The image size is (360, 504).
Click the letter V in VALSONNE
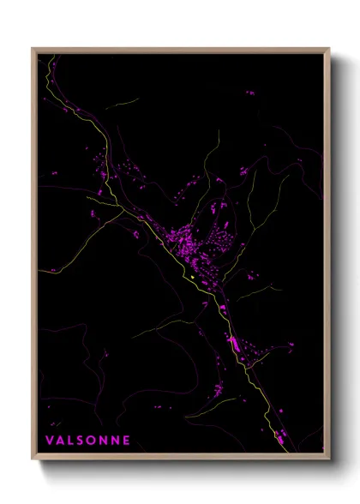50,441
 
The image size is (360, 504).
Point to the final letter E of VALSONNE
127,441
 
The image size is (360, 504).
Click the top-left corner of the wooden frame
33,49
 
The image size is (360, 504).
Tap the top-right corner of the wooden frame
329,49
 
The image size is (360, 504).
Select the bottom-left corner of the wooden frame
33,460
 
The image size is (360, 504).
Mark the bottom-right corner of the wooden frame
329,460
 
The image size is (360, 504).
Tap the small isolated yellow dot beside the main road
195,276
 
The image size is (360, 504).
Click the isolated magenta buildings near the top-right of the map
250,92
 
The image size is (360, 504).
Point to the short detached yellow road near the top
124,104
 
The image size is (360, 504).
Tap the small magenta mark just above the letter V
50,423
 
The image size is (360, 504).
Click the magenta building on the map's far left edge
51,269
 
